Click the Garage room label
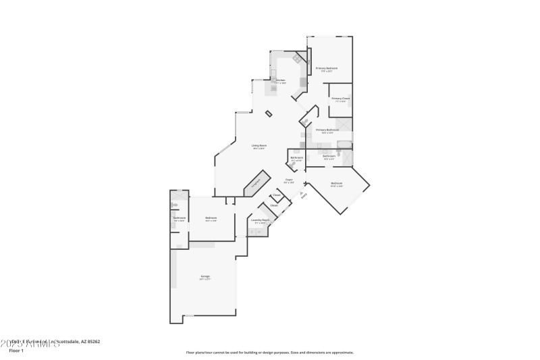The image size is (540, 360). [x=205, y=276]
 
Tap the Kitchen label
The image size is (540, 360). [x=280, y=80]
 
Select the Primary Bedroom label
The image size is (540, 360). [x=327, y=69]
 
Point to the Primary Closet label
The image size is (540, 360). [x=340, y=99]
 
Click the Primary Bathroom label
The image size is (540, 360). [x=327, y=130]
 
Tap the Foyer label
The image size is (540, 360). [x=289, y=180]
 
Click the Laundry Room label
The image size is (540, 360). [x=261, y=220]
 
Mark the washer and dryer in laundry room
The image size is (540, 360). [x=256, y=232]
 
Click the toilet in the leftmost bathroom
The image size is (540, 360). [x=174, y=204]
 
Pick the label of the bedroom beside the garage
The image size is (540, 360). [x=211, y=218]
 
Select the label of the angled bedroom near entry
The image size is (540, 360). [x=336, y=184]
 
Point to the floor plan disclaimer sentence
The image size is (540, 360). [x=269, y=352]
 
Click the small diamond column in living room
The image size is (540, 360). [x=269, y=113]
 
